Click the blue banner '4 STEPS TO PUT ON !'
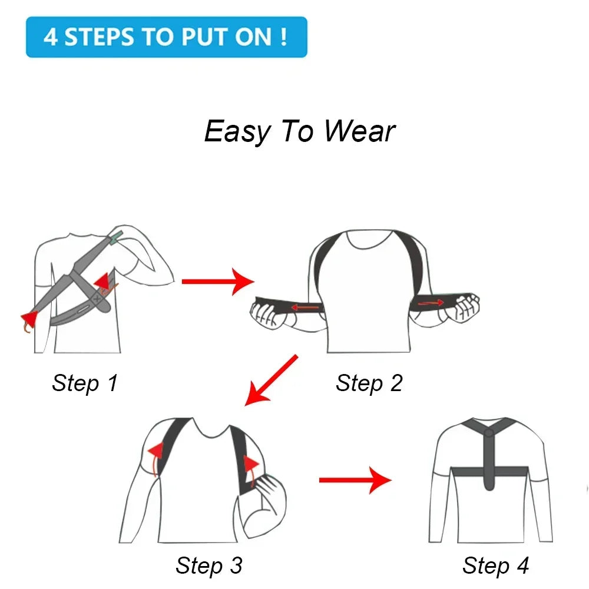[x=166, y=37]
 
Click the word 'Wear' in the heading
[x=359, y=131]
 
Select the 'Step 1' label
[x=85, y=383]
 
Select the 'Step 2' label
[x=369, y=383]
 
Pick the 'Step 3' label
[x=209, y=565]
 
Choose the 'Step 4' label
[x=495, y=565]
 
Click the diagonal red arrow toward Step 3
[x=271, y=380]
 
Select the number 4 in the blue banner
[x=51, y=37]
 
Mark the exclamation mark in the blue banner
[x=284, y=37]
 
